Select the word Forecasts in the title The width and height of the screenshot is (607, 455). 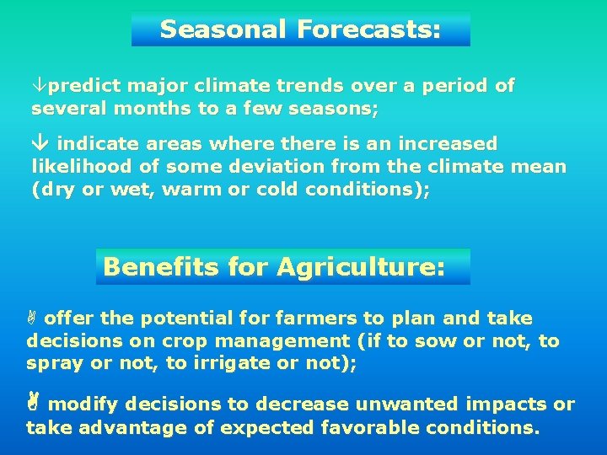(368, 30)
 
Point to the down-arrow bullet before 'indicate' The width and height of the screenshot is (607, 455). (39, 144)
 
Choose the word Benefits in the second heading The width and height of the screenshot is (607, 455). (160, 267)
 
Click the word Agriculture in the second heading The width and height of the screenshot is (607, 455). (360, 267)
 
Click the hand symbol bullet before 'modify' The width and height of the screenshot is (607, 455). (33, 404)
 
